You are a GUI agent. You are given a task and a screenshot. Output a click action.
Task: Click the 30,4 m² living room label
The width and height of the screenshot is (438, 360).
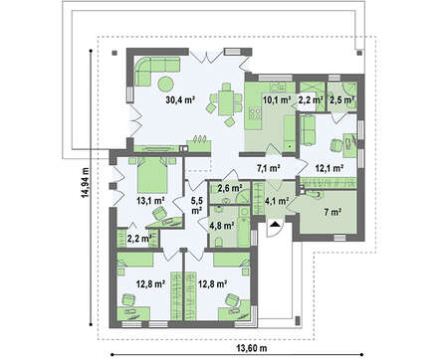click(x=180, y=99)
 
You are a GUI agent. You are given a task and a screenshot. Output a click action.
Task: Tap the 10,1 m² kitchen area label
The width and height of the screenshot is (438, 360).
click(x=277, y=99)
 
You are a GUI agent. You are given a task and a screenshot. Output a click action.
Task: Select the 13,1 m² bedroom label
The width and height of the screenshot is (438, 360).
click(x=151, y=200)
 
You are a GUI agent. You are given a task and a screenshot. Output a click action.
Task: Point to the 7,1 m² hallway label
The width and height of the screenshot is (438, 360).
click(x=270, y=168)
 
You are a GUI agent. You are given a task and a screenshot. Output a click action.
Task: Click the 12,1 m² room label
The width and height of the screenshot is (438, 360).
click(x=329, y=168)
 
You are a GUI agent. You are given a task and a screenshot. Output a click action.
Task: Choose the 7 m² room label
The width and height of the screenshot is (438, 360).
click(x=332, y=212)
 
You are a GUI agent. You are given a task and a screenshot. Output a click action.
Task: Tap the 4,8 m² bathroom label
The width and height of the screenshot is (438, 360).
click(x=222, y=226)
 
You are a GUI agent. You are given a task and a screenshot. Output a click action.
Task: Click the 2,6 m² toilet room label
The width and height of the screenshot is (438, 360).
click(x=229, y=188)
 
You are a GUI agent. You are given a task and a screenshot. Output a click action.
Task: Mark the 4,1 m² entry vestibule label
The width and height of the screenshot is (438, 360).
click(x=277, y=201)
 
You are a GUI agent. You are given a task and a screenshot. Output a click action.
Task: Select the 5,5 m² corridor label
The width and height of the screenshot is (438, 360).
click(x=196, y=205)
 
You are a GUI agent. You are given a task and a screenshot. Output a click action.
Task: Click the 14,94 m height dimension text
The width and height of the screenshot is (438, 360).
click(x=85, y=183)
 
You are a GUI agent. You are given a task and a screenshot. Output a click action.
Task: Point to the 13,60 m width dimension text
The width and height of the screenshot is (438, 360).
click(x=252, y=348)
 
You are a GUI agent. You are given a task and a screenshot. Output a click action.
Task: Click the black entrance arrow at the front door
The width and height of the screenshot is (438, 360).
click(x=275, y=225)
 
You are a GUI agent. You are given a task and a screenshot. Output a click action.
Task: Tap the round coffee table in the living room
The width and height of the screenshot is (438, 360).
click(x=165, y=84)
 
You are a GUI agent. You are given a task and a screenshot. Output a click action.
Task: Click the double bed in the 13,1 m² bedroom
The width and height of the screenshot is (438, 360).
click(x=152, y=175)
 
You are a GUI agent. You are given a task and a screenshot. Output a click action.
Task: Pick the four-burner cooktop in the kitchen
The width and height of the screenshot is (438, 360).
click(x=255, y=113)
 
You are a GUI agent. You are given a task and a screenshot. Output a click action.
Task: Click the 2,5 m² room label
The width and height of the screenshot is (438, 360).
click(x=341, y=99)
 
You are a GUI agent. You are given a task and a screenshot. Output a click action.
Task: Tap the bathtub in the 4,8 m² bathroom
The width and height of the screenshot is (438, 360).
click(x=244, y=227)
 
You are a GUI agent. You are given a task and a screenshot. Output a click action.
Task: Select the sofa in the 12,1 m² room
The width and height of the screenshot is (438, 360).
click(x=309, y=130)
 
